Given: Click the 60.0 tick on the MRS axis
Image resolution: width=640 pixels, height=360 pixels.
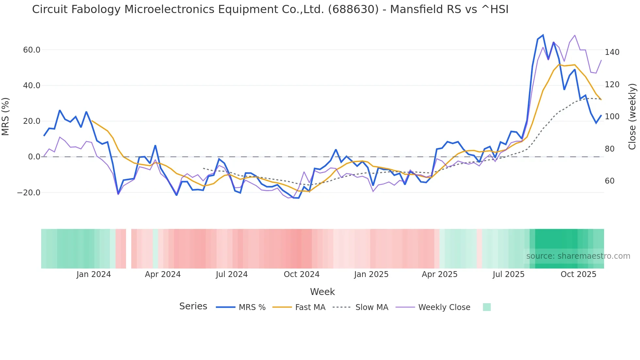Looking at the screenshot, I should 32,50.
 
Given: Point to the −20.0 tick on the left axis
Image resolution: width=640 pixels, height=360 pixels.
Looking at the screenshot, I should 29,193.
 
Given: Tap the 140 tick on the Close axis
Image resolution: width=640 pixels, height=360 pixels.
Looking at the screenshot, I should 612,52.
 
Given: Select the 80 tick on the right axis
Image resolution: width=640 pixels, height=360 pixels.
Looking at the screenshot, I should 609,149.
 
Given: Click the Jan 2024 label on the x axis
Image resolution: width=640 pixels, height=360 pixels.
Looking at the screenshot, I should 94,274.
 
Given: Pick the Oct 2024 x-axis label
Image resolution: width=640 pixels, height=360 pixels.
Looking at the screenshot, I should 301,274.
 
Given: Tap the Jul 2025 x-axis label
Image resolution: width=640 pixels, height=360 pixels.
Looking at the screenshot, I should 508,274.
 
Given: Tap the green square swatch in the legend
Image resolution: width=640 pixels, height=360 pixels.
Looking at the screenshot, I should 487,307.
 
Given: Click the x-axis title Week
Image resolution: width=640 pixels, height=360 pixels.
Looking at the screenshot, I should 322,292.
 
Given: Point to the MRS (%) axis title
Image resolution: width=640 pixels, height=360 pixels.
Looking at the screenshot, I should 6,117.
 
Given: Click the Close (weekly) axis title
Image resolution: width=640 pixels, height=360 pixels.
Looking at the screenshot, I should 632,117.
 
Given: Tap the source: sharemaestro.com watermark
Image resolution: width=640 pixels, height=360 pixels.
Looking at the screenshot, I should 578,256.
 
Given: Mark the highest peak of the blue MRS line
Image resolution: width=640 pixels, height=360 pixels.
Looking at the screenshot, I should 543,35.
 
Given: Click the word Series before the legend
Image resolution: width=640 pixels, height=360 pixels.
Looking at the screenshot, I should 193,306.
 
